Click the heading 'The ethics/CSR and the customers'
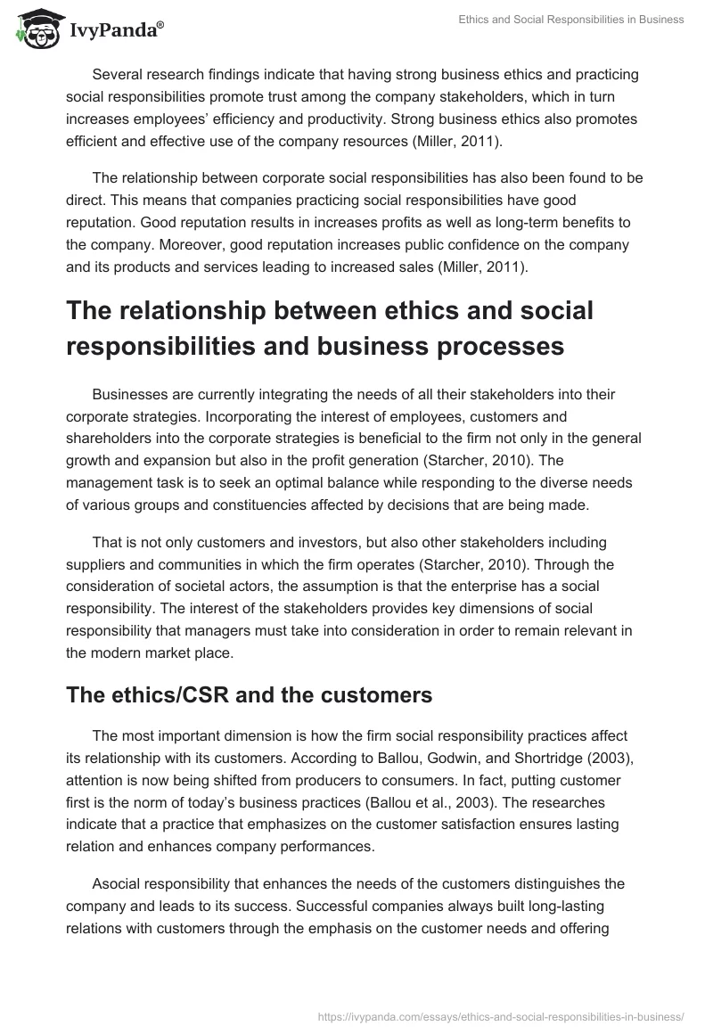click(x=249, y=695)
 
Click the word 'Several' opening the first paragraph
click(x=117, y=77)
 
